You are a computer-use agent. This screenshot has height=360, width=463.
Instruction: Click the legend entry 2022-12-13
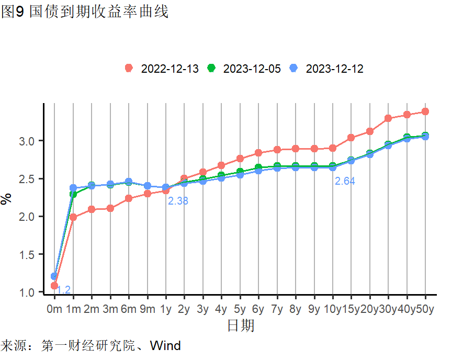[x=162, y=69]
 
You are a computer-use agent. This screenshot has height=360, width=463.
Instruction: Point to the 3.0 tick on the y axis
[x=27, y=141]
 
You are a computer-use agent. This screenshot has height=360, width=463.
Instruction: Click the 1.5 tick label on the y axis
[x=27, y=255]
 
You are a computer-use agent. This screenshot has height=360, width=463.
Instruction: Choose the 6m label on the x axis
[x=129, y=309]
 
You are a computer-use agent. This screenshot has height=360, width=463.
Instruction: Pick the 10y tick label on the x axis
[x=333, y=309]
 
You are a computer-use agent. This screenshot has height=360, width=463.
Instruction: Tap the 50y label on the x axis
[x=425, y=309]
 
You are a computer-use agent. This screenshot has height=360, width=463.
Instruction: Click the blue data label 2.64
[x=345, y=181]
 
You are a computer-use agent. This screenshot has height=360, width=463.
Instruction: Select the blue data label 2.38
[x=178, y=201]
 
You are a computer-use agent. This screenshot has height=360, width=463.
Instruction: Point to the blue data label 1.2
[x=63, y=290]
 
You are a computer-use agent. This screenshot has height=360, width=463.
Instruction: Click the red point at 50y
[x=425, y=111]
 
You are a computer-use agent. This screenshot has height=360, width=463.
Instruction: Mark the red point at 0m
[x=54, y=286]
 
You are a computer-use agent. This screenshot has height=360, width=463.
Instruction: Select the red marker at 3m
[x=110, y=208]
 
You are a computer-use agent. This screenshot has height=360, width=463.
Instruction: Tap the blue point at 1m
[x=73, y=188]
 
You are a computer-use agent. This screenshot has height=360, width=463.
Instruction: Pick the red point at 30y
[x=388, y=118]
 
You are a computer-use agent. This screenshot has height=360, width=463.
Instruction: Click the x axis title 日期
[x=241, y=326]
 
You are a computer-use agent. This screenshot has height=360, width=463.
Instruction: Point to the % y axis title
[x=6, y=199]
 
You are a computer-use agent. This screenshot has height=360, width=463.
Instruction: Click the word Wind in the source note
[x=165, y=345]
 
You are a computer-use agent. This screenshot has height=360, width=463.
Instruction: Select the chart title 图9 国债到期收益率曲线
[x=85, y=12]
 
